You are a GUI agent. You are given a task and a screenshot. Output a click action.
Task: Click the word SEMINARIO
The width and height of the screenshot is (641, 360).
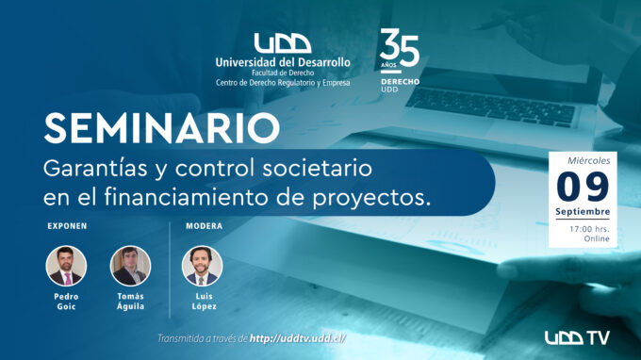point(162,128)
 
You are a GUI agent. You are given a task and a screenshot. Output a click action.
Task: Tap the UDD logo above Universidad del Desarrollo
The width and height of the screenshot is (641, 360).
point(283,43)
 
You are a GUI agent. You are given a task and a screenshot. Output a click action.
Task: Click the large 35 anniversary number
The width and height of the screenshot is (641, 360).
point(399,48)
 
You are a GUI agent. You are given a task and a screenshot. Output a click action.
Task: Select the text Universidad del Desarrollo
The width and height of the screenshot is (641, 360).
point(283,62)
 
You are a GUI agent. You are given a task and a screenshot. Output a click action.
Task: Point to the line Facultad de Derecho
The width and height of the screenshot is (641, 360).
point(283,74)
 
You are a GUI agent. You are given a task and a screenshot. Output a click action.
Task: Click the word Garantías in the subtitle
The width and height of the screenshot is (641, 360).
point(95,169)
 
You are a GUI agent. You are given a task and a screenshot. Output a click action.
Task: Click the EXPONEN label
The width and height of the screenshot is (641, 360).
point(67,226)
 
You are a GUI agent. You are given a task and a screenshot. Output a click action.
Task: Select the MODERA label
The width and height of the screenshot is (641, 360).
point(204,226)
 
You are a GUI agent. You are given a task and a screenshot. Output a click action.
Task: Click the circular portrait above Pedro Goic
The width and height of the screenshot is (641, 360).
point(66,266)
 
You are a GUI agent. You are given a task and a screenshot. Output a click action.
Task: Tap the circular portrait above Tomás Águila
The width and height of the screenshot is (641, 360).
point(130,266)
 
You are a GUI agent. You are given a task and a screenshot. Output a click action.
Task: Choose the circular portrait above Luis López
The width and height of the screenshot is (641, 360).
point(202,266)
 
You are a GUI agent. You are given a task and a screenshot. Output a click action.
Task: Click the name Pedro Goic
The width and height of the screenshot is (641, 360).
point(66,302)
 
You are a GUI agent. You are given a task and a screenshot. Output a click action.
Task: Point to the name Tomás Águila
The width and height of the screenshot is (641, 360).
point(130,302)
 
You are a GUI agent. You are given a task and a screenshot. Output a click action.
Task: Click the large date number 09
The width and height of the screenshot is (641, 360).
point(583,187)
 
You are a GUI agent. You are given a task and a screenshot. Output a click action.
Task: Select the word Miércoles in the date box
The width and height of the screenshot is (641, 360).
point(588,160)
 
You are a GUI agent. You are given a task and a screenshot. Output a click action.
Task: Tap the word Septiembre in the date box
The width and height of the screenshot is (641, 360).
point(583,212)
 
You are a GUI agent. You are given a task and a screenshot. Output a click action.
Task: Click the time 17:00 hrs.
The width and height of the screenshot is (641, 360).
point(589,229)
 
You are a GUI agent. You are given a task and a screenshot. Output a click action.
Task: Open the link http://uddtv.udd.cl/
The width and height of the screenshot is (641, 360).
point(298,338)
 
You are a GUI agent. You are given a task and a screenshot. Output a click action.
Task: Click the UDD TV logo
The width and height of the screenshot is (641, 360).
point(577,337)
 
